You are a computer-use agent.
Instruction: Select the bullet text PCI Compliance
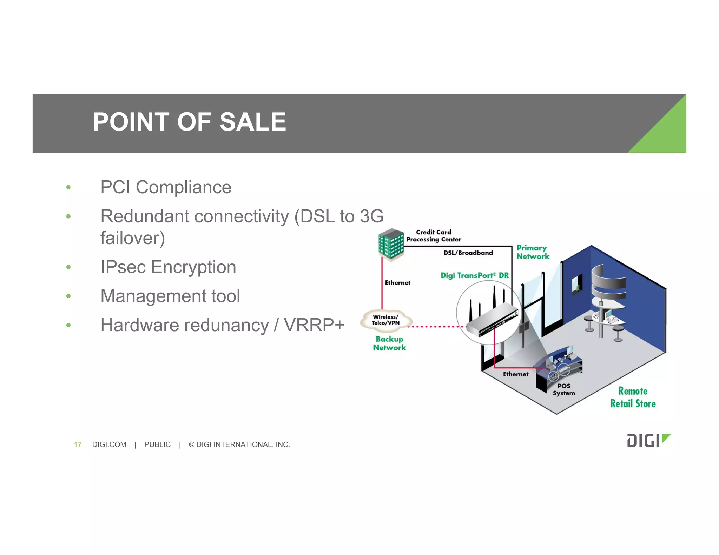point(166,187)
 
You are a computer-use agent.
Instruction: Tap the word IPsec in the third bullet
point(123,267)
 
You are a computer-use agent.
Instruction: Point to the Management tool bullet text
point(170,296)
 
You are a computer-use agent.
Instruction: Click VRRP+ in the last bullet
point(314,325)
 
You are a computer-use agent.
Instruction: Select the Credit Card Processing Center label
point(434,236)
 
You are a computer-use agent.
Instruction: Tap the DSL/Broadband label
point(468,253)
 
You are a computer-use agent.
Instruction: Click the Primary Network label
point(533,252)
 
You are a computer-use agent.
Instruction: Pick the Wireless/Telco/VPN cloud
point(386,320)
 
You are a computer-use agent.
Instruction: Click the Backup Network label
point(389,343)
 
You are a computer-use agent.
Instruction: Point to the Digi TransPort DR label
point(474,275)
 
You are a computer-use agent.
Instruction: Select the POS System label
point(564,389)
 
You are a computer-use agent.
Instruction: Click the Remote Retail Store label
point(633,397)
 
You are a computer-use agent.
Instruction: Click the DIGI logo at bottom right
point(648,441)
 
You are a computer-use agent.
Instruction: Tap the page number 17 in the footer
point(78,444)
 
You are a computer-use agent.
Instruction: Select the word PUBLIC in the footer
point(157,444)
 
